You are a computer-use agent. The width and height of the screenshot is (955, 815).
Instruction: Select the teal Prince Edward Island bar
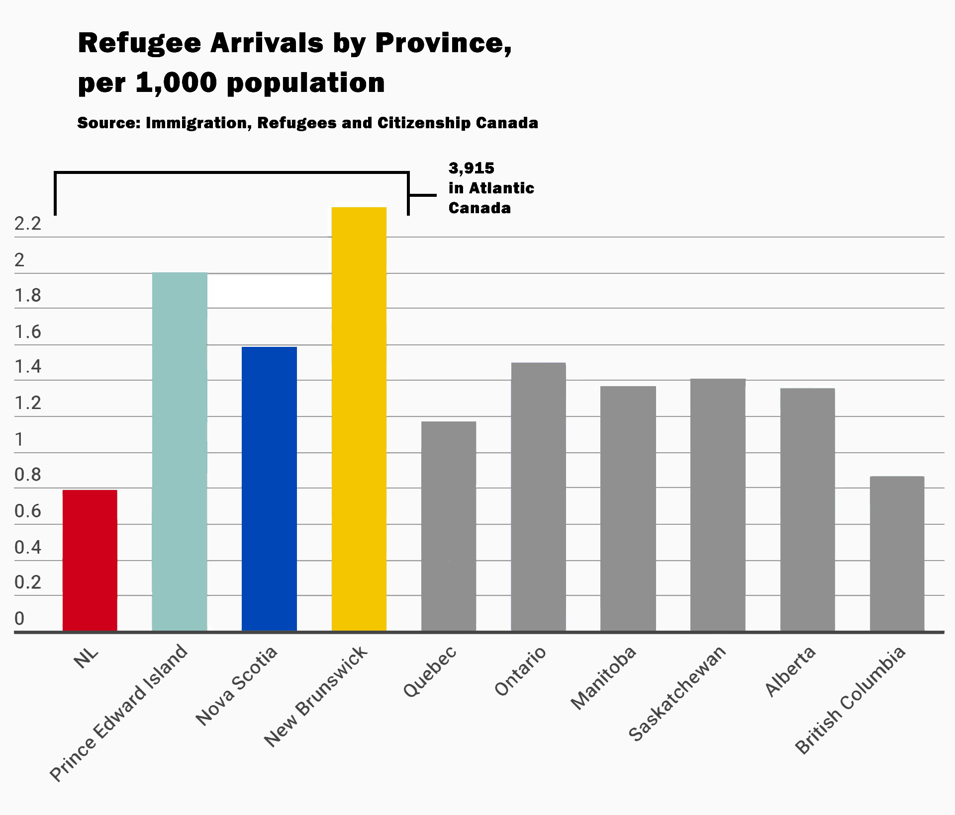[180, 452]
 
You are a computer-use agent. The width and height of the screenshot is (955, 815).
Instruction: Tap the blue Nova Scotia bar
[269, 489]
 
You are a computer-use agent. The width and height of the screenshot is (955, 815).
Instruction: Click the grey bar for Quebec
[449, 526]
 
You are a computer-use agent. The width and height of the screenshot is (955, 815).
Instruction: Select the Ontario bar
[538, 497]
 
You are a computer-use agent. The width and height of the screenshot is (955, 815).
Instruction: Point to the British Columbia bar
[897, 554]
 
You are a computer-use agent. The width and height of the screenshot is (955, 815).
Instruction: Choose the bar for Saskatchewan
[718, 505]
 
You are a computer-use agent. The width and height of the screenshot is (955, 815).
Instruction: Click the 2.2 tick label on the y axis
[28, 224]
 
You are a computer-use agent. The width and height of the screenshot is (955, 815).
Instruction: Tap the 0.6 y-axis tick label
[28, 511]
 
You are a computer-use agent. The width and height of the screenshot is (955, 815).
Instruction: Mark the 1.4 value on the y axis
[28, 367]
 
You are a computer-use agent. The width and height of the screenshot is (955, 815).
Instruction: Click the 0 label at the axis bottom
[19, 619]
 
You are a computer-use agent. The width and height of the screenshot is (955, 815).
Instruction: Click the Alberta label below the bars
[790, 671]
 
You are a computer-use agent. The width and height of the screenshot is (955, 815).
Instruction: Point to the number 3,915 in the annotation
[471, 168]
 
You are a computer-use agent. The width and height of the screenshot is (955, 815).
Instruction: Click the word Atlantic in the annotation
[501, 188]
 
